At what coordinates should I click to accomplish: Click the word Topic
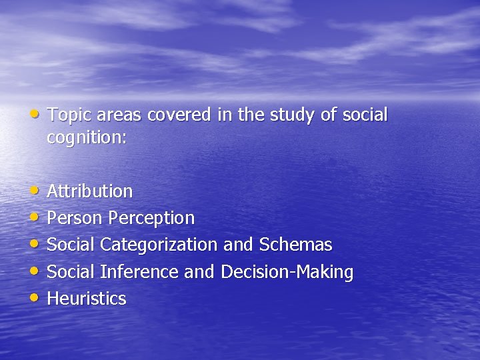[x=70, y=115]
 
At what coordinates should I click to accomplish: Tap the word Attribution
[x=90, y=191]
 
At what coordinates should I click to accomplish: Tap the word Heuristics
[x=87, y=299]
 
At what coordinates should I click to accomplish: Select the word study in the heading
[x=293, y=115]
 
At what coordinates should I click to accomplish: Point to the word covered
[x=180, y=115]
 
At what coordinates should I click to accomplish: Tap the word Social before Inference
[x=71, y=272]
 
